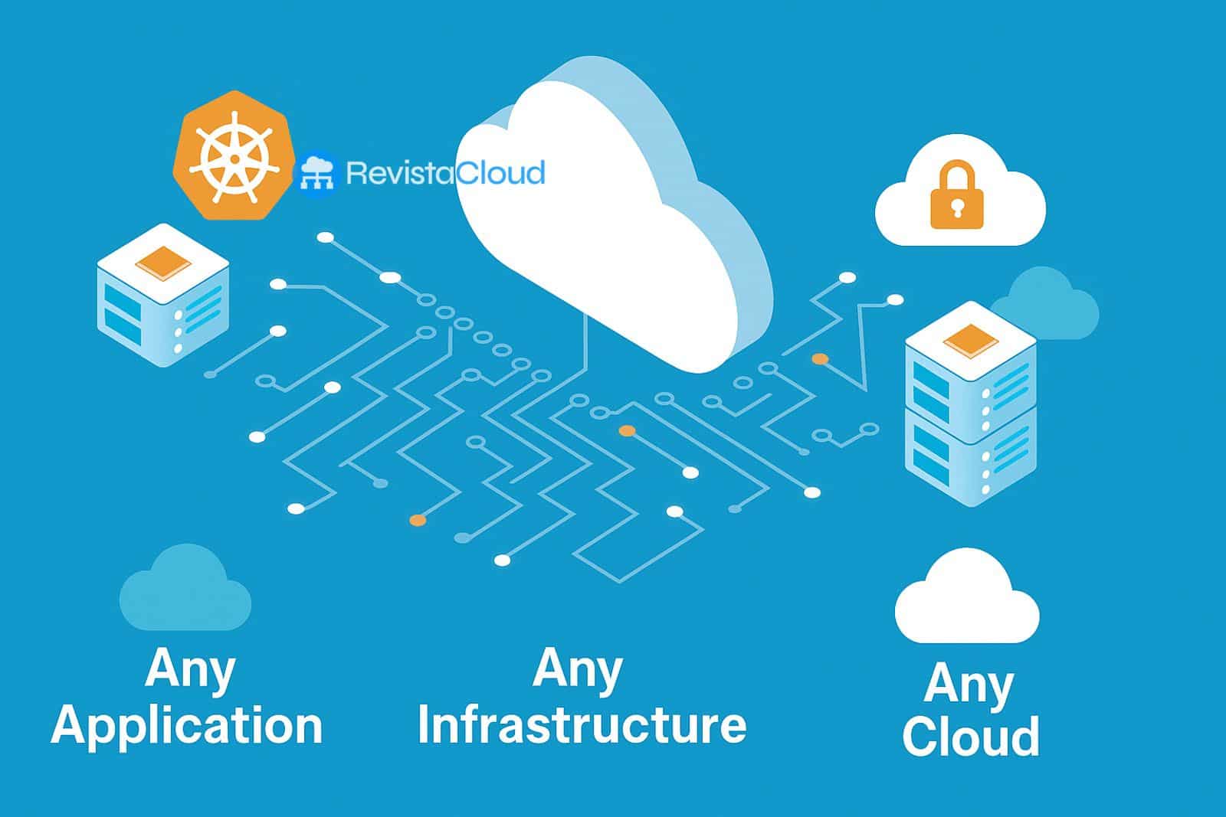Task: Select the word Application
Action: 187,726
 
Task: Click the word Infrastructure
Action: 582,724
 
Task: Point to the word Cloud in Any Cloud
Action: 971,736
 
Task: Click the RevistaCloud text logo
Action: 445,173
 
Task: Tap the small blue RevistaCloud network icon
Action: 316,175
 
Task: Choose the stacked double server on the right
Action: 971,406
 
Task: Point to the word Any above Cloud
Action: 969,684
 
